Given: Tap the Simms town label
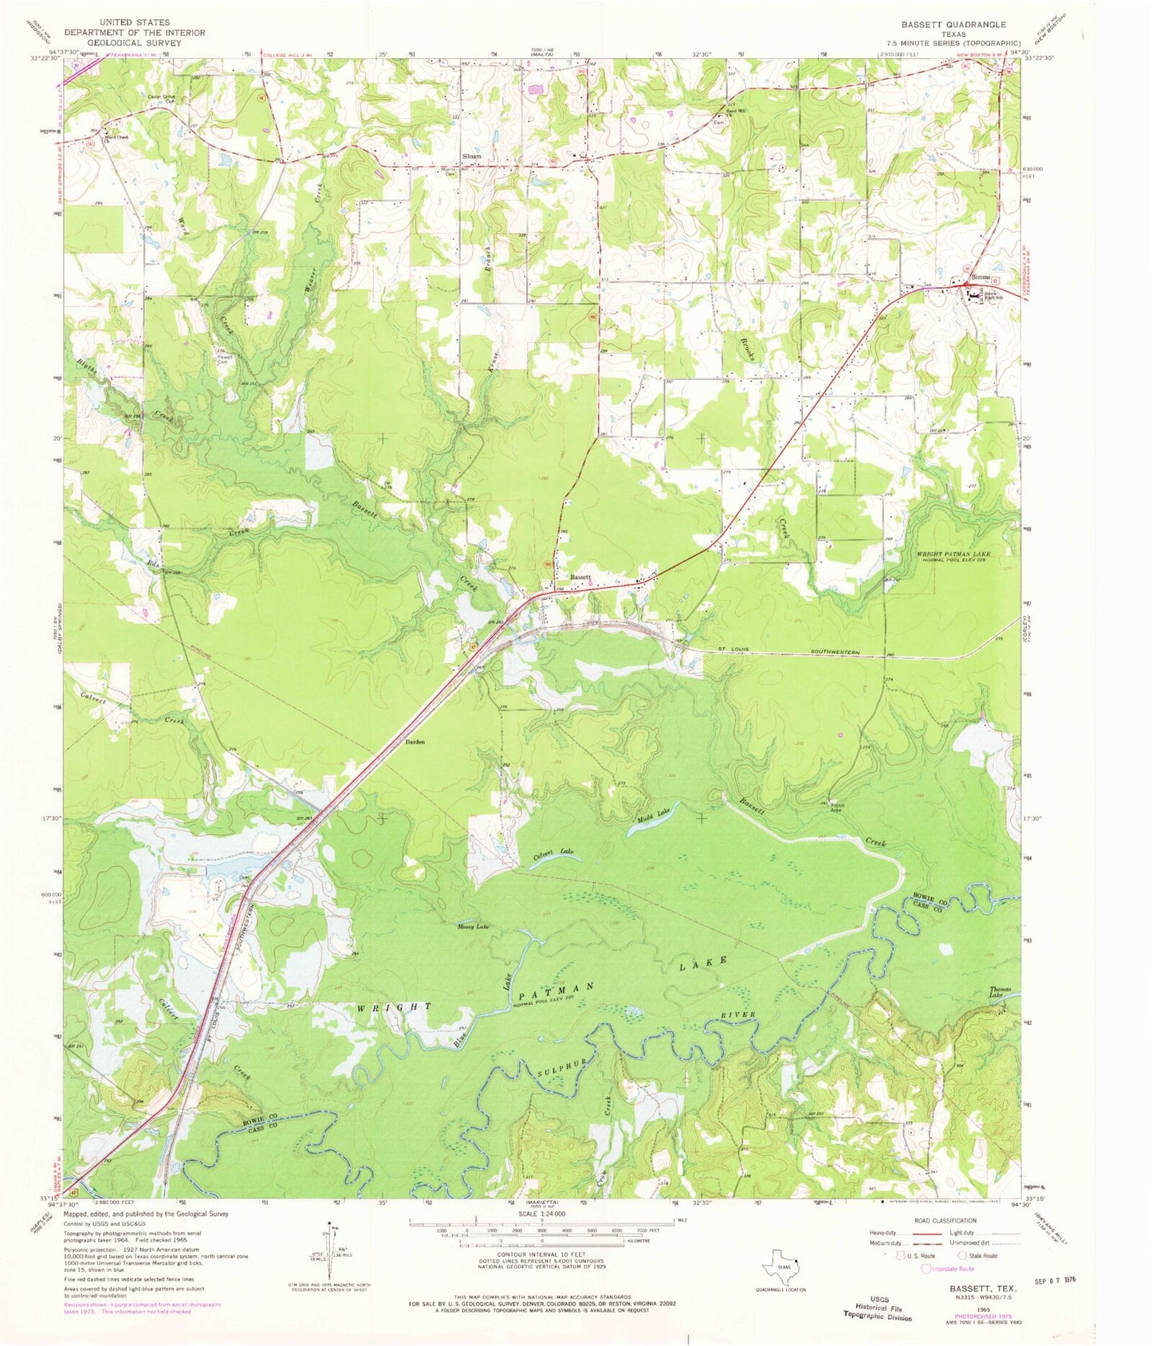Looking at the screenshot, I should pyautogui.click(x=981, y=277).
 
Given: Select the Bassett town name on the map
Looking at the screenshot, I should pyautogui.click(x=580, y=577).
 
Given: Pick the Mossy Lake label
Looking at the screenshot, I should pyautogui.click(x=473, y=926).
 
